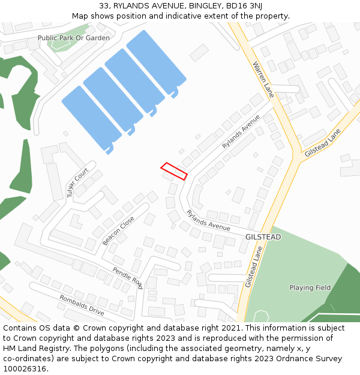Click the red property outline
click(x=174, y=171)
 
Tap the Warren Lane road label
click(x=263, y=79)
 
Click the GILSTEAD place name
click(x=263, y=237)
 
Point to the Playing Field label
click(x=310, y=288)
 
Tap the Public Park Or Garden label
click(x=74, y=38)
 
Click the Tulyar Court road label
click(x=77, y=182)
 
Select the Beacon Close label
click(x=118, y=231)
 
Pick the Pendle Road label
click(x=127, y=275)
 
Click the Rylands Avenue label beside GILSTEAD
click(x=208, y=221)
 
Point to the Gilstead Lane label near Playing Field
click(x=254, y=268)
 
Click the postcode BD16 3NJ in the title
click(x=243, y=6)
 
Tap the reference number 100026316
click(x=25, y=369)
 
